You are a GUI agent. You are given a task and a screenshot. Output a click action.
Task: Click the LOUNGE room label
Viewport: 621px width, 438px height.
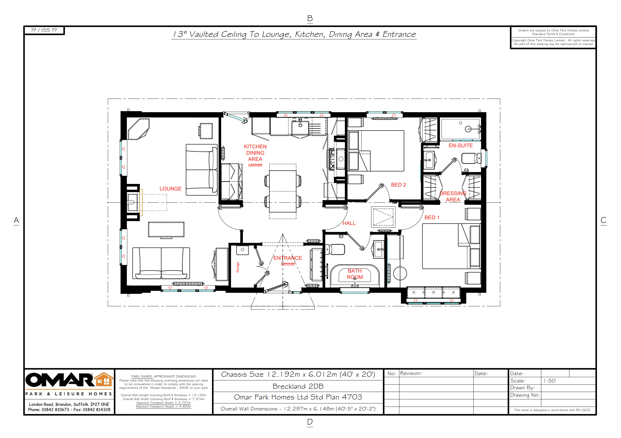point(170,189)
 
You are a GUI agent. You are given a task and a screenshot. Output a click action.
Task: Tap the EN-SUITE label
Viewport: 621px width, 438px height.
point(461,145)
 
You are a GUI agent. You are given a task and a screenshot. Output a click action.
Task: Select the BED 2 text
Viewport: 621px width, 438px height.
point(398,185)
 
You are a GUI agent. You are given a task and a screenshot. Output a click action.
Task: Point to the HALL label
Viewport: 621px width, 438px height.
point(349,223)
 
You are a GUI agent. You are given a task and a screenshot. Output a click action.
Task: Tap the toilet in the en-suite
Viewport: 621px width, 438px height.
point(471,159)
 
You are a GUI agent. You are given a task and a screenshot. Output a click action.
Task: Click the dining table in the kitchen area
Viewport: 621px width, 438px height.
point(283,191)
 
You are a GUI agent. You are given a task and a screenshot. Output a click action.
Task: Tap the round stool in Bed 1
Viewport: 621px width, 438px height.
point(400,273)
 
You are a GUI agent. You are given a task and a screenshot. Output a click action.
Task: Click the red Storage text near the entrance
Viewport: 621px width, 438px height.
point(238,267)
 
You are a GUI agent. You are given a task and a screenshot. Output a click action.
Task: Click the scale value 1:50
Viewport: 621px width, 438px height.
point(549,381)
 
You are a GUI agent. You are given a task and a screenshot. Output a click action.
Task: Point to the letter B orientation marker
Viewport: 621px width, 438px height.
point(310,18)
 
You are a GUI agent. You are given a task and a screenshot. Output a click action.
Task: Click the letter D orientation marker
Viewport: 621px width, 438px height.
point(310,422)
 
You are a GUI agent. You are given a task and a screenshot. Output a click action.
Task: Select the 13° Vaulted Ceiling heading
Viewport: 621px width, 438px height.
point(294,34)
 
